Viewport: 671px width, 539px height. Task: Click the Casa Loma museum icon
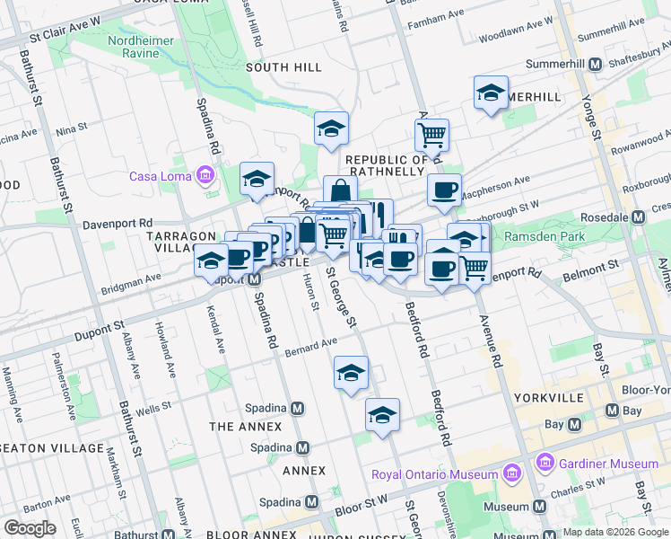(206, 175)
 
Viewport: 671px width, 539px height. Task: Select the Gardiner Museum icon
(544, 463)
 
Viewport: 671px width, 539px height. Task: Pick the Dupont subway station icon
(255, 278)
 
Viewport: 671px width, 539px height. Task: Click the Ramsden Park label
(545, 236)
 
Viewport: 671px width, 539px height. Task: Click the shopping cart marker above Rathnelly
(431, 136)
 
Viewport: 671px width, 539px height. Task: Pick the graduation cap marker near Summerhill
(491, 94)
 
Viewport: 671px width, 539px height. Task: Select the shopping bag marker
(341, 191)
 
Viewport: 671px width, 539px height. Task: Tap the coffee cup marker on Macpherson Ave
(444, 190)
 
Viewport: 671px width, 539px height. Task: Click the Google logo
(30, 528)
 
